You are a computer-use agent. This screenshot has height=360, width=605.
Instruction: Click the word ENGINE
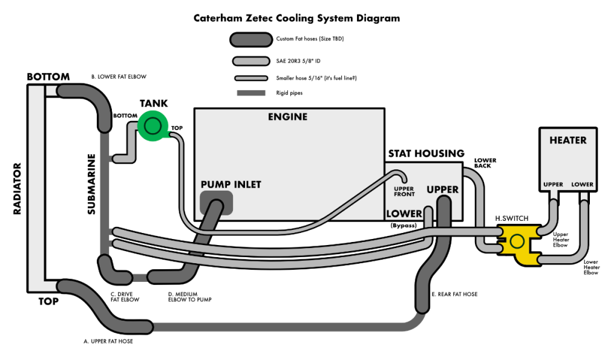tap(287, 117)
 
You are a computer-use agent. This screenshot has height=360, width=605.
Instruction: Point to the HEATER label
tap(567, 140)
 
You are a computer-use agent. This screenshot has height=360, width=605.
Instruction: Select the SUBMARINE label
tap(91, 184)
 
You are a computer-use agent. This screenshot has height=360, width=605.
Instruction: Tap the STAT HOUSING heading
tap(426, 153)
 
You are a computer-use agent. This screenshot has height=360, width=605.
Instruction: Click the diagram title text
tap(296, 18)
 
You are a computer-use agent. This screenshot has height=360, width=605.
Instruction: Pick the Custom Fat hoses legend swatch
tap(250, 39)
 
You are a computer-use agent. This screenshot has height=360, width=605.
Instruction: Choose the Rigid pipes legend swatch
tap(251, 93)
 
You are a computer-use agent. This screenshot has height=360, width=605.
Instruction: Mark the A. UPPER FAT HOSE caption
tap(108, 341)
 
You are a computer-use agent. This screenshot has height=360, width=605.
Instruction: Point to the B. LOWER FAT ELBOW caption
tap(119, 77)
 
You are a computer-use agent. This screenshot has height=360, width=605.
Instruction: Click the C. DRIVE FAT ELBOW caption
tap(125, 296)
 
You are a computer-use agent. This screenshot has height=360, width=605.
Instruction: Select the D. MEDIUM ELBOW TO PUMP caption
tap(189, 296)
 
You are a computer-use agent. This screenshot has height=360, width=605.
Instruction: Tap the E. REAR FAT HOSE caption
tap(454, 294)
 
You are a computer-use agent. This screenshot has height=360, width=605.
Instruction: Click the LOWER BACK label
tap(485, 163)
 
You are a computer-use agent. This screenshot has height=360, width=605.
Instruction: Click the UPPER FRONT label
tap(404, 191)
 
